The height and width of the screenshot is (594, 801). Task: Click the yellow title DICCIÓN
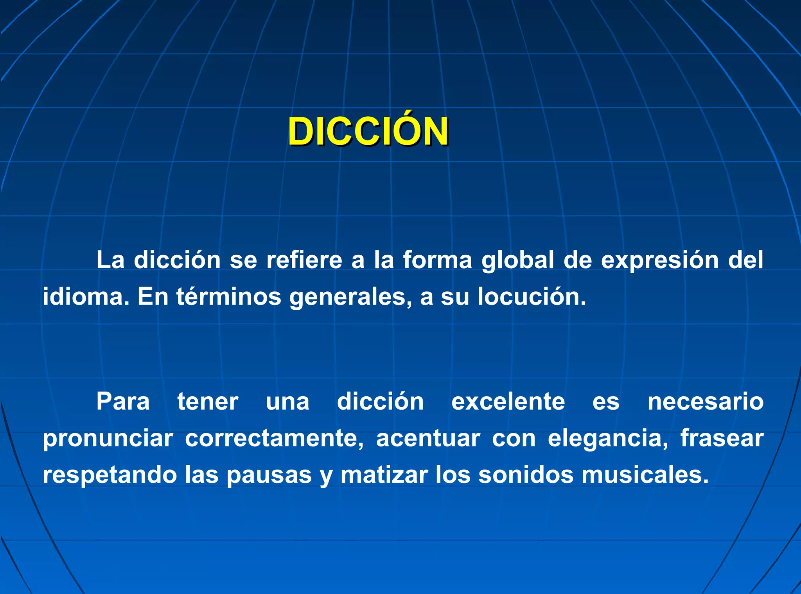[368, 132]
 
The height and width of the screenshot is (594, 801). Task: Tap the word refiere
[304, 260]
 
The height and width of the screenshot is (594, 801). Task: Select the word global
[517, 261]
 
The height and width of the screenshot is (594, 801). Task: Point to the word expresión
[660, 261]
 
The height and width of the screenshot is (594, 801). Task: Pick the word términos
[228, 297]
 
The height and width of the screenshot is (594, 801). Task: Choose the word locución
[532, 297]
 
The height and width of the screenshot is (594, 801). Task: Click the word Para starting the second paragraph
[123, 402]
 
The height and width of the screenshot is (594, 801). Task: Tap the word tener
[208, 402]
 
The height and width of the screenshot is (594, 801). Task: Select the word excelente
[508, 402]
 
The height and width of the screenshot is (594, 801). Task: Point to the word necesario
[705, 402]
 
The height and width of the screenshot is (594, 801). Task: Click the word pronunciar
[108, 439]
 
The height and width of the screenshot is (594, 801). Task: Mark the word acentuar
[428, 439]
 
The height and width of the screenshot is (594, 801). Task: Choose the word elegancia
[608, 439]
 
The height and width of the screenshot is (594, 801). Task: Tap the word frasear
[722, 438]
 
